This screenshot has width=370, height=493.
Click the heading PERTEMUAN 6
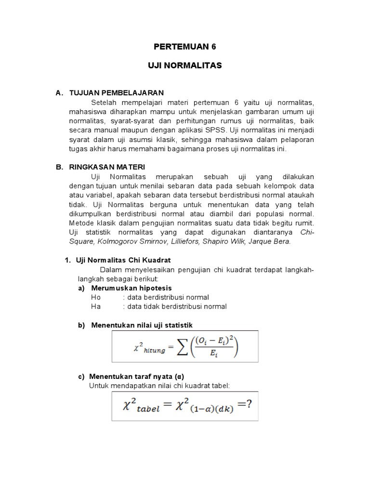pos(185,47)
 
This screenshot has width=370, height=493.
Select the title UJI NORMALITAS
pos(185,65)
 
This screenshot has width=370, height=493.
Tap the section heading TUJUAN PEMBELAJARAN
pos(116,92)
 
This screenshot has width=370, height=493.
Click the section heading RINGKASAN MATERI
pos(106,167)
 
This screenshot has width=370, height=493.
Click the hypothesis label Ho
pos(96,297)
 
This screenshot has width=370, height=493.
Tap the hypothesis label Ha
pos(96,306)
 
